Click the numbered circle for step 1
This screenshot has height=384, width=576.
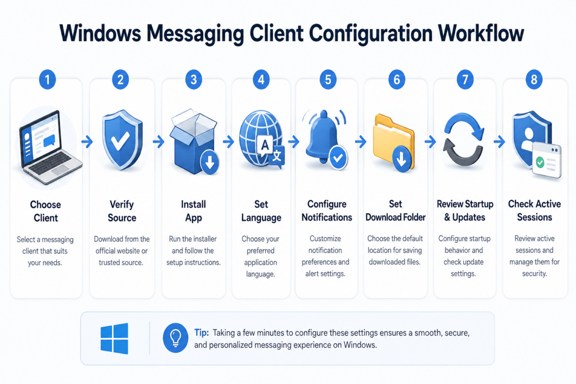(47, 79)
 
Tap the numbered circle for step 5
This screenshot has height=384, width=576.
(328, 79)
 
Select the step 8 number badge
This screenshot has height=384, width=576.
(534, 79)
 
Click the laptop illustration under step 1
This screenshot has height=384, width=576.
(50, 147)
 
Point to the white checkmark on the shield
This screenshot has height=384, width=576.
(120, 141)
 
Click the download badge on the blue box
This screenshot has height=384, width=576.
(210, 161)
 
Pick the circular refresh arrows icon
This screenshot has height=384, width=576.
(463, 140)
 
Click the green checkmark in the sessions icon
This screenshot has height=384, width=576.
(540, 162)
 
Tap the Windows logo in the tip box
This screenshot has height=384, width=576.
(114, 338)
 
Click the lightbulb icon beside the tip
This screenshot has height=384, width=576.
(176, 338)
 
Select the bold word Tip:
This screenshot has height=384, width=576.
(201, 332)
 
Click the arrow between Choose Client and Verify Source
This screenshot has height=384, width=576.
(87, 142)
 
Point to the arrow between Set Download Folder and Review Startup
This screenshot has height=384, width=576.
(430, 142)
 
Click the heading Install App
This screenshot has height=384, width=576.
(194, 211)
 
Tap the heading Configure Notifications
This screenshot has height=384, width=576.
(327, 211)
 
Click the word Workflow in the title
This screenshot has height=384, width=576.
(481, 33)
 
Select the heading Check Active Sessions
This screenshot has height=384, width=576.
(534, 211)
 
